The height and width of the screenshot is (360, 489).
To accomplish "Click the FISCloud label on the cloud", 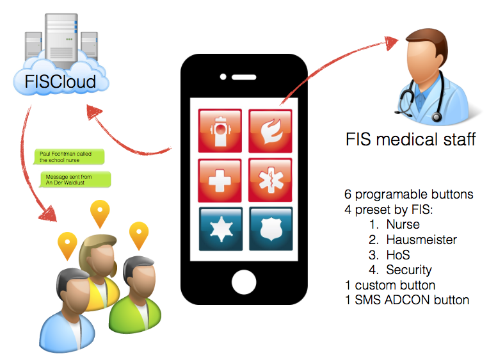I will point(60,81).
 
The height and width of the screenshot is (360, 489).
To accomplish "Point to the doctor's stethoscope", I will point(419,102).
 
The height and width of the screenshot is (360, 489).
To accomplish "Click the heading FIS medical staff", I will point(410,139).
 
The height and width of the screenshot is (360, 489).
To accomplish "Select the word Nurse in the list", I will point(403,224).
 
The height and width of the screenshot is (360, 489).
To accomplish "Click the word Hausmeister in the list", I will point(421,240).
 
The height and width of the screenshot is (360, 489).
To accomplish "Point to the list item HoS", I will point(398,255).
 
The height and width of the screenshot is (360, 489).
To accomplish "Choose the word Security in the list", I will point(408,270).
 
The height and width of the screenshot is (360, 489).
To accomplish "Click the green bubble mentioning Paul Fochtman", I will point(69,158).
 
